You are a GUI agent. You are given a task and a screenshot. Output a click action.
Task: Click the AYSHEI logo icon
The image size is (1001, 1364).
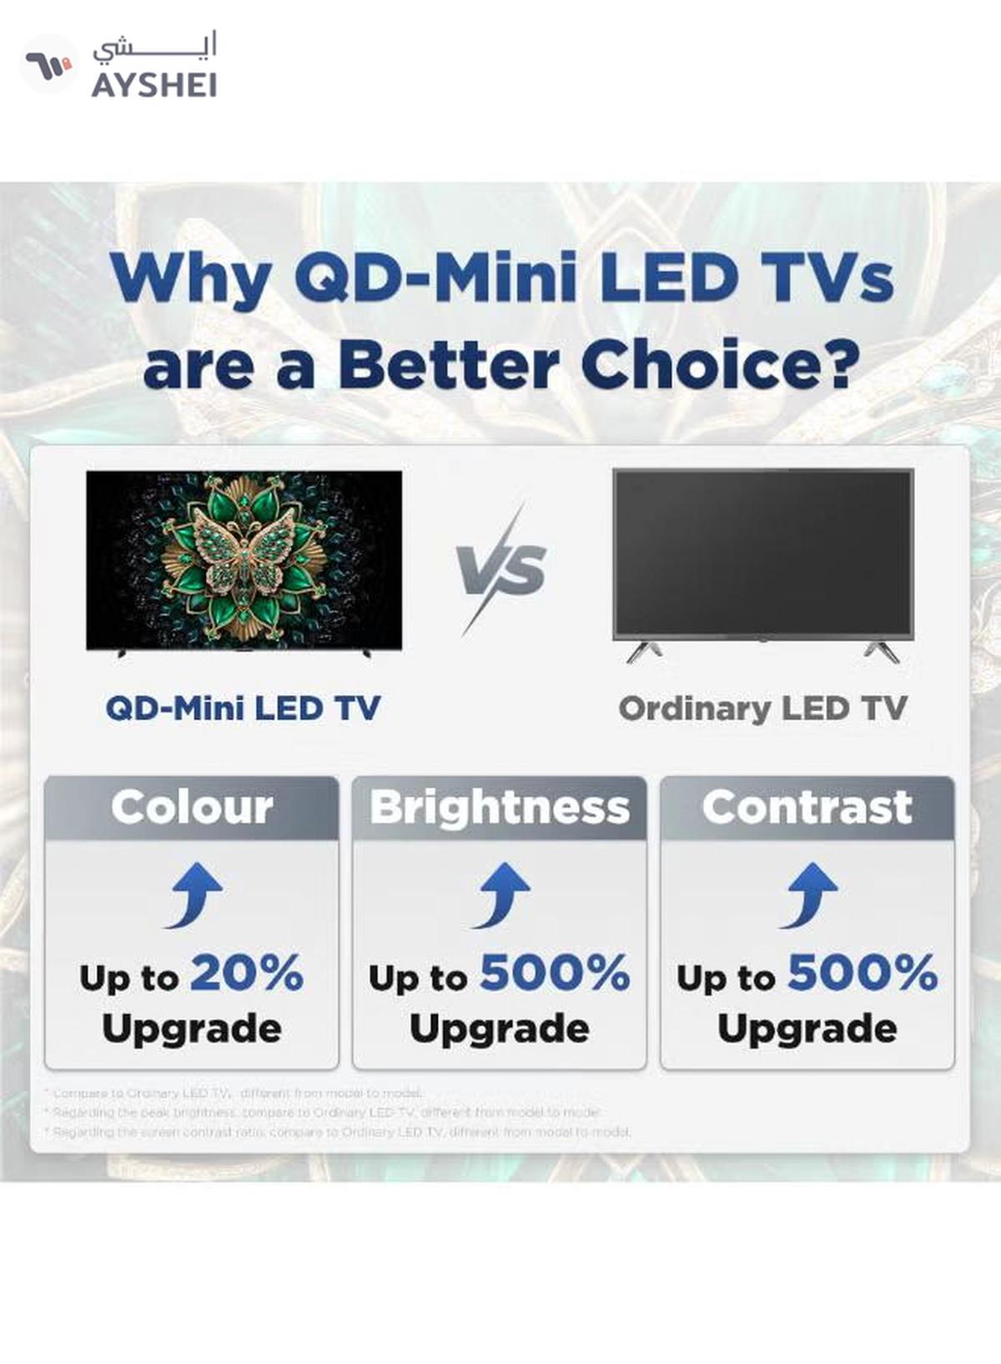click(x=48, y=64)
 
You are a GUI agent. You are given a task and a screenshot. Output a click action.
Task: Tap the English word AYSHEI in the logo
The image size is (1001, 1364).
click(x=154, y=85)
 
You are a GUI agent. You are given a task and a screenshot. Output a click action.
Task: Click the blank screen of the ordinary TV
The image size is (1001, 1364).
click(x=762, y=554)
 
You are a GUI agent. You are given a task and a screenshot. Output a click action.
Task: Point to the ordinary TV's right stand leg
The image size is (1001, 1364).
click(x=881, y=651)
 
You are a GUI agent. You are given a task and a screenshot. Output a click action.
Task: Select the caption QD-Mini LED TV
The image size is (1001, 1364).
click(x=243, y=709)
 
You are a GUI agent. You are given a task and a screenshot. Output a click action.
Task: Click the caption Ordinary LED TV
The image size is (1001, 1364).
click(x=762, y=709)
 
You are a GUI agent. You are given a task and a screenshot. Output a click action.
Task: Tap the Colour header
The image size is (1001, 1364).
click(x=192, y=807)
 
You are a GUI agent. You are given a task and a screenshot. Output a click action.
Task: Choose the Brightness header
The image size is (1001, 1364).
click(x=500, y=807)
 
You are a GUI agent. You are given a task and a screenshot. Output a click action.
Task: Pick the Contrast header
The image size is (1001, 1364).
click(x=807, y=807)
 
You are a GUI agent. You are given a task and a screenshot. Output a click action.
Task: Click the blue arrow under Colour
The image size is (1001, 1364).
click(x=194, y=895)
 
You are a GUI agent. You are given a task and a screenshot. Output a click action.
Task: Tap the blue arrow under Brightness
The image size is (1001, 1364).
click(x=501, y=895)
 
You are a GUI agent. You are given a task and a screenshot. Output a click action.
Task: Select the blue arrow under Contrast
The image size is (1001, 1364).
click(x=809, y=895)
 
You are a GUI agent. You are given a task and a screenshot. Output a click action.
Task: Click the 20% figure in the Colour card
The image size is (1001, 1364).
click(x=247, y=973)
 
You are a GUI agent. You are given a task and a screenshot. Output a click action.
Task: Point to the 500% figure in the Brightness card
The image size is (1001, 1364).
click(x=555, y=973)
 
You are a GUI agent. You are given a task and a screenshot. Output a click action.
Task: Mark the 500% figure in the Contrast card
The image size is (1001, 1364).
click(x=863, y=973)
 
